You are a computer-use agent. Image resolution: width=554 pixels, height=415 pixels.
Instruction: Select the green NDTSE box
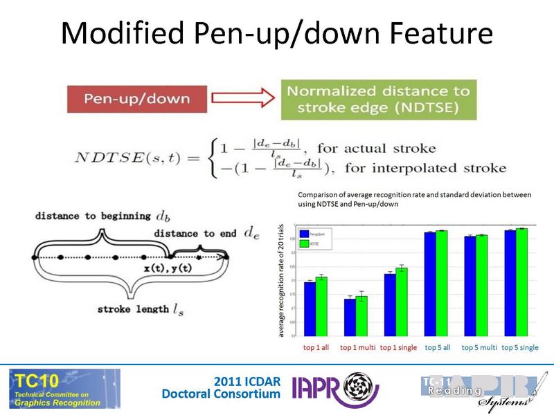[x=377, y=101]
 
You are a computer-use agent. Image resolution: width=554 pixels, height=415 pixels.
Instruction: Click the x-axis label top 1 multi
[x=357, y=347]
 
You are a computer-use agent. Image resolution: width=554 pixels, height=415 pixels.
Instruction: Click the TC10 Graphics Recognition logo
[x=64, y=388]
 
